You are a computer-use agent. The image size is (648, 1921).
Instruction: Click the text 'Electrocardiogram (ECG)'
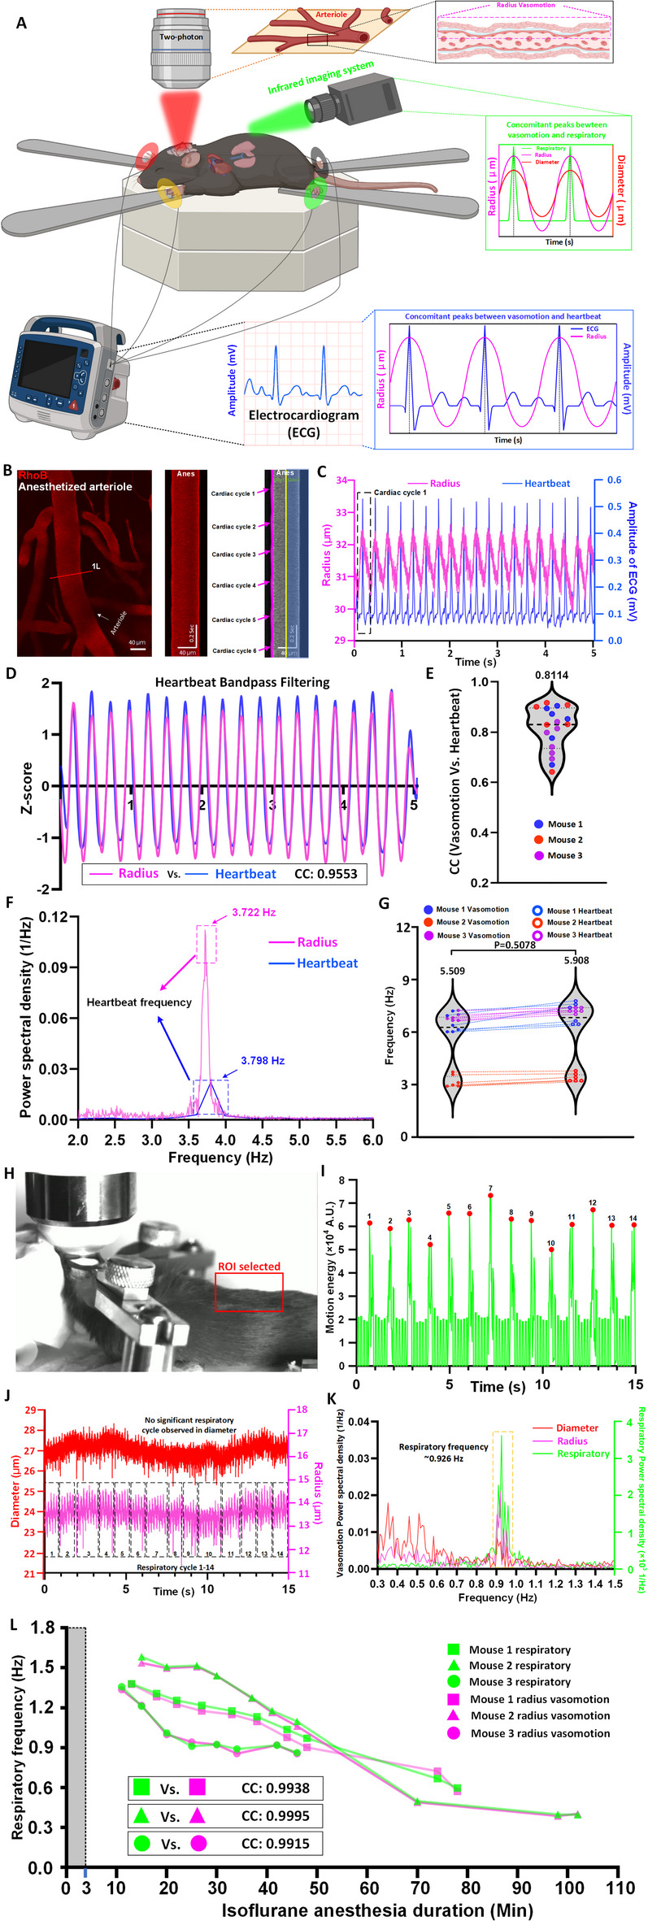pos(303,423)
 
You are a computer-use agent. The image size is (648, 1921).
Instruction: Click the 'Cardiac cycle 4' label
pos(233,585)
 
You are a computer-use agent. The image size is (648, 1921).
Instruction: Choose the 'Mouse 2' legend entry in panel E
pos(564,840)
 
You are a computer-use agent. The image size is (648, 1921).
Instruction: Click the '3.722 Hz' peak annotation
pos(254,912)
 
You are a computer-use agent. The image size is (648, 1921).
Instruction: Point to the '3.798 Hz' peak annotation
pos(263,1060)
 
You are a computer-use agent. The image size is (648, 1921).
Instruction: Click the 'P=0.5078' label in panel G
pos(515,945)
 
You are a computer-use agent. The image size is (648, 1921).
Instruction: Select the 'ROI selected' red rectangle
pos(249,1292)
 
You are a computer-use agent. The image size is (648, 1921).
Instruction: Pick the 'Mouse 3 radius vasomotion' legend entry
pos(540,1733)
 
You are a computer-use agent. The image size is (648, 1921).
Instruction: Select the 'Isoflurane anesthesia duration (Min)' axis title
pos(378,1910)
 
